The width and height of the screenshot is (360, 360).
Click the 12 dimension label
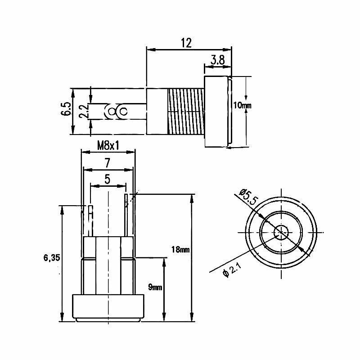[x=186, y=43]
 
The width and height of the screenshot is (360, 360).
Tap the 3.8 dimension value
[x=217, y=60]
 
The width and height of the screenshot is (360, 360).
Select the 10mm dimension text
[x=242, y=105]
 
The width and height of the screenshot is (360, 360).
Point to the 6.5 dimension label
[x=66, y=108]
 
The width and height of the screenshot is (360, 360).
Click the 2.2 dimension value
[x=84, y=111]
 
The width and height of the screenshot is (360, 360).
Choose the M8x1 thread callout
[x=108, y=145]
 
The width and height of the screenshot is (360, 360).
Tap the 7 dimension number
[x=108, y=163]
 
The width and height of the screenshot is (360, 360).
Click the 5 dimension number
[x=107, y=179]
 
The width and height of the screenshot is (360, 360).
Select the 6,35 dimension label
[x=52, y=258]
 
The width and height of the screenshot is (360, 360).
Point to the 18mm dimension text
[x=180, y=249]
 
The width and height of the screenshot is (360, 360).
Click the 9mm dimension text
[x=155, y=287]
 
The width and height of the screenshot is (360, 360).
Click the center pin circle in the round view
[x=281, y=232]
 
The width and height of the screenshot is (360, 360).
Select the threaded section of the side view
[x=186, y=112]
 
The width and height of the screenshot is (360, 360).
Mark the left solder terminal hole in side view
[x=112, y=112]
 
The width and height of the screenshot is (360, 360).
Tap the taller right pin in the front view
[x=126, y=215]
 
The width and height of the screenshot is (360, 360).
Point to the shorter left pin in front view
[x=91, y=221]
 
